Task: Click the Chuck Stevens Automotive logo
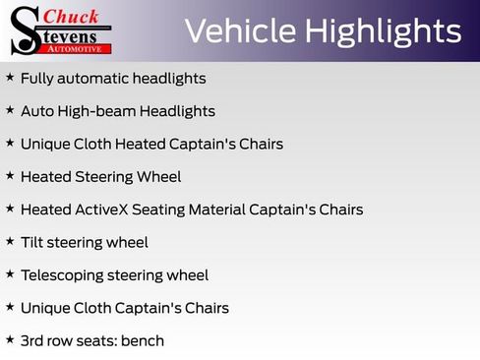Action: (61, 30)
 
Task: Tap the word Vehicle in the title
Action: (239, 31)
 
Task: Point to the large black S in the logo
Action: (24, 30)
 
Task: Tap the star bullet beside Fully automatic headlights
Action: (10, 77)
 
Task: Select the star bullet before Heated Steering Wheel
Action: (10, 176)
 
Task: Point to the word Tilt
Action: (33, 242)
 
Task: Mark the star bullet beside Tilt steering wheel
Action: (10, 241)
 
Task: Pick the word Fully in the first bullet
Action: (37, 78)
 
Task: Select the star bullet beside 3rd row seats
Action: (10, 339)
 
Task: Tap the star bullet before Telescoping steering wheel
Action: (10, 274)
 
